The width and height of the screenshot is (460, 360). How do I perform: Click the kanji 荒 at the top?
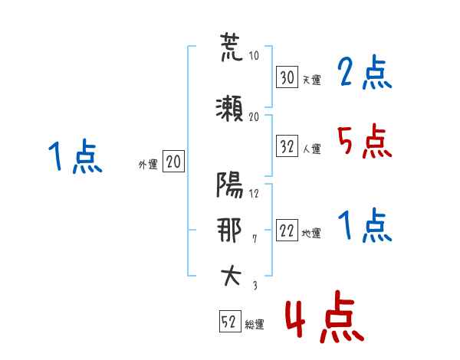point(231,47)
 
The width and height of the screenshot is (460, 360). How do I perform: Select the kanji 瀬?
point(229,109)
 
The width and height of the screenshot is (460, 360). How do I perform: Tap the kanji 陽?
point(230,185)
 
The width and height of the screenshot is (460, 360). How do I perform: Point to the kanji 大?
point(231,276)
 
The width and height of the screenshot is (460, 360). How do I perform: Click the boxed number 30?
point(287,77)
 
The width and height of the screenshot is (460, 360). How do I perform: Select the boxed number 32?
point(287,146)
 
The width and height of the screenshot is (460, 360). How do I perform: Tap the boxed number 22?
point(287,230)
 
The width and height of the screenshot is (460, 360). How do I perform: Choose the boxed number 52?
point(230,321)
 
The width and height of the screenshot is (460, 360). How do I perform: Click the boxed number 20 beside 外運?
point(173,161)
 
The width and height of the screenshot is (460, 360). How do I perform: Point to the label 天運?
point(311,80)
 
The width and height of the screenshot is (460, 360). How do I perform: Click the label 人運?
point(312,149)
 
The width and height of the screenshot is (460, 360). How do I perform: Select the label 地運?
point(311,233)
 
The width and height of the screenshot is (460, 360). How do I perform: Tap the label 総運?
point(255,325)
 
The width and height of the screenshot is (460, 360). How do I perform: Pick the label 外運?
point(148,165)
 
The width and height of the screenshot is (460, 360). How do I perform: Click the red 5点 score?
point(365,141)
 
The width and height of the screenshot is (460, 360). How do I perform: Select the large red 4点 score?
point(324,316)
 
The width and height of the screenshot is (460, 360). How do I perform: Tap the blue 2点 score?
point(365,72)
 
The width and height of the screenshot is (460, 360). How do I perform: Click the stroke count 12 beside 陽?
point(254,194)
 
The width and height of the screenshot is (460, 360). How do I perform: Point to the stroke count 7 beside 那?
point(255,239)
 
